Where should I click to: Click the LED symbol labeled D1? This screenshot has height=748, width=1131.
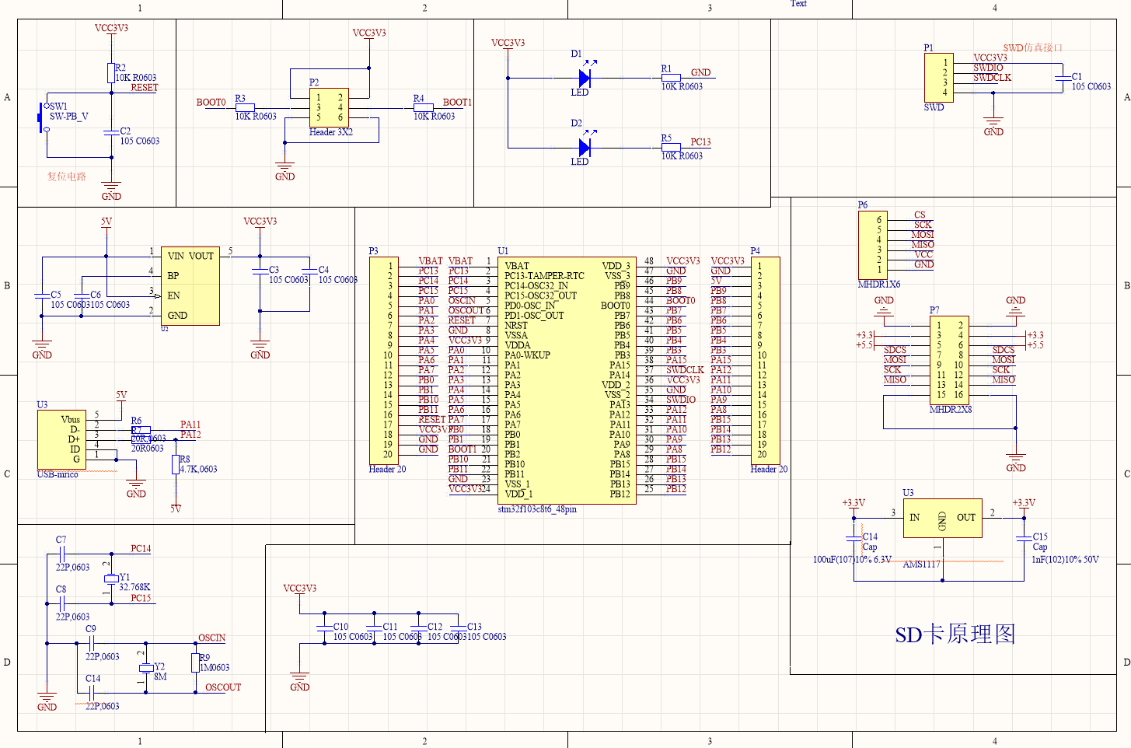click(585, 78)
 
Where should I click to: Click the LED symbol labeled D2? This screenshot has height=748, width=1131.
click(585, 148)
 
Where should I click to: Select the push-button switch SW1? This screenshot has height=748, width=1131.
click(43, 117)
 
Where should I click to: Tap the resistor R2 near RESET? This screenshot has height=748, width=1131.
click(110, 73)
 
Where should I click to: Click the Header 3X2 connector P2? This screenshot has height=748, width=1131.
click(329, 107)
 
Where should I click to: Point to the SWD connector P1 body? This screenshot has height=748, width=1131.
click(937, 78)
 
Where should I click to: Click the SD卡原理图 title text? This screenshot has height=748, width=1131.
click(955, 634)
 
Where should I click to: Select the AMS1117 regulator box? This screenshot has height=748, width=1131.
click(942, 518)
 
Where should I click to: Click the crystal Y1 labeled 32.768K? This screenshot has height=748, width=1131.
click(111, 578)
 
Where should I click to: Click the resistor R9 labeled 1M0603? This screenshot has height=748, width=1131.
click(195, 662)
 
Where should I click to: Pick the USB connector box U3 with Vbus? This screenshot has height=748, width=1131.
click(61, 439)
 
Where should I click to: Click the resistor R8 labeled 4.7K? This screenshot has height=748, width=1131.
click(176, 464)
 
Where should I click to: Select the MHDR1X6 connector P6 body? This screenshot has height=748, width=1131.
click(872, 245)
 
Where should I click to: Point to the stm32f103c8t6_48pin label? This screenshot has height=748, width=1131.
click(537, 509)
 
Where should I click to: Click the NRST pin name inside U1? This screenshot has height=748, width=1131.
click(516, 326)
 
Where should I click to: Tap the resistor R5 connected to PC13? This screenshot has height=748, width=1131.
click(670, 147)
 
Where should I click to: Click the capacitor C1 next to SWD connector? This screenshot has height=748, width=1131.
click(1062, 77)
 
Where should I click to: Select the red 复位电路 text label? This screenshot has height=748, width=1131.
click(67, 177)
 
